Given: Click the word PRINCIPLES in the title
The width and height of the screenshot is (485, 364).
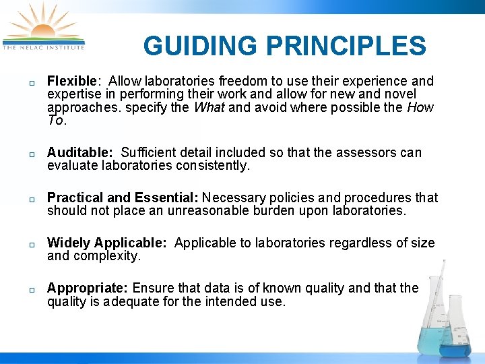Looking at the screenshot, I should tap(346, 47).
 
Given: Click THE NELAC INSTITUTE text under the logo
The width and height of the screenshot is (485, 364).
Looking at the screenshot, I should tap(44, 47).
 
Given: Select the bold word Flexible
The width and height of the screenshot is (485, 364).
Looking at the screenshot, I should tap(71, 82).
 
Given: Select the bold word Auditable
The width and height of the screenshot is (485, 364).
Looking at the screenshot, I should tap(79, 153).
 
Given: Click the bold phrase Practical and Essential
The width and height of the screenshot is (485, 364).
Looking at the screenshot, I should tap(123, 198).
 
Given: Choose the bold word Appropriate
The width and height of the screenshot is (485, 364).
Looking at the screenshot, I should tap(88, 289).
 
